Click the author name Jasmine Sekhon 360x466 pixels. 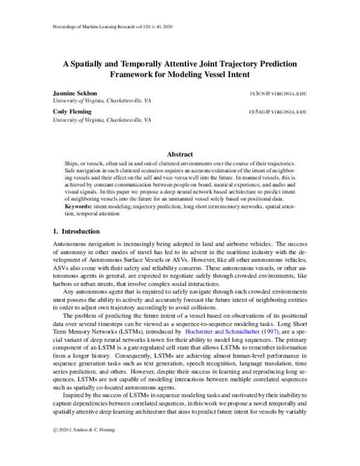tap(74, 94)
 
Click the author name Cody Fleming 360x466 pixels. tap(70, 112)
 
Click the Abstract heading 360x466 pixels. tap(179, 154)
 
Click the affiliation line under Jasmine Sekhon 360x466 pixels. tap(101, 102)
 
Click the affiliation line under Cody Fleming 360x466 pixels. tap(101, 120)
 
